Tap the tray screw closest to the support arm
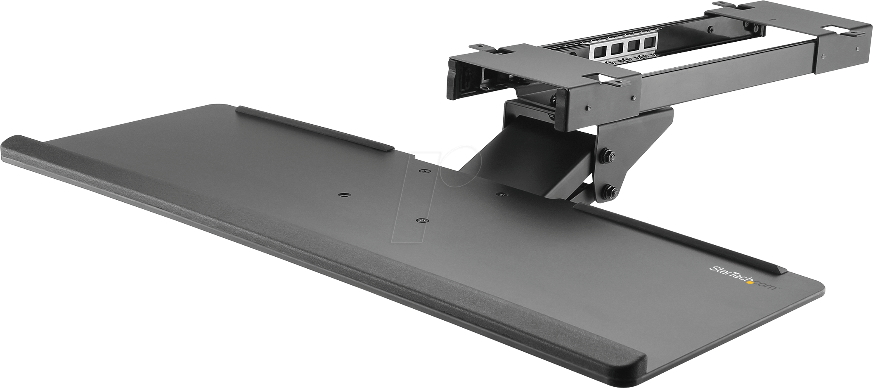(501, 193)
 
